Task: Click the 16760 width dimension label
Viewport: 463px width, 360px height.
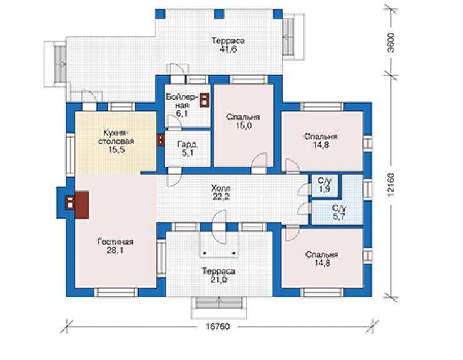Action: [x=218, y=327]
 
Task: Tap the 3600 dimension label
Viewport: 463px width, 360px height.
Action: [x=390, y=43]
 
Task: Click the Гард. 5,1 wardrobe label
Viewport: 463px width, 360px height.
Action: [x=188, y=148]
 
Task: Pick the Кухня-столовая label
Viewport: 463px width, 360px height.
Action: [x=116, y=141]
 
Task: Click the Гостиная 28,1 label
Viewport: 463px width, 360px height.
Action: [x=115, y=246]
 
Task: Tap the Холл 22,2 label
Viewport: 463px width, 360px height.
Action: [x=221, y=192]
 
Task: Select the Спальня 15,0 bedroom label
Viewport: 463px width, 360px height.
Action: [x=243, y=121]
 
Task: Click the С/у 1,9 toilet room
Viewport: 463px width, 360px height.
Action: [x=324, y=185]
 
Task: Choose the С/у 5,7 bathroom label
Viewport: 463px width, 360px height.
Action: [x=339, y=212]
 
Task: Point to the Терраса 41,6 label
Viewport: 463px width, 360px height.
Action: [x=228, y=44]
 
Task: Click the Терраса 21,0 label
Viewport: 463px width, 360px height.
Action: [x=218, y=275]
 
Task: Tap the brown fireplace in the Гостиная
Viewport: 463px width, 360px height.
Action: [x=82, y=205]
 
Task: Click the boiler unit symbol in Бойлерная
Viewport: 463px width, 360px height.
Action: [x=205, y=100]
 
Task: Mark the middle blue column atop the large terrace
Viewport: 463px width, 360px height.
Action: [x=219, y=14]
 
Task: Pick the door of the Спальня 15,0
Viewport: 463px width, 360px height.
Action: [x=259, y=163]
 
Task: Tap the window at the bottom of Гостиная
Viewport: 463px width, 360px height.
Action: [x=116, y=292]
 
